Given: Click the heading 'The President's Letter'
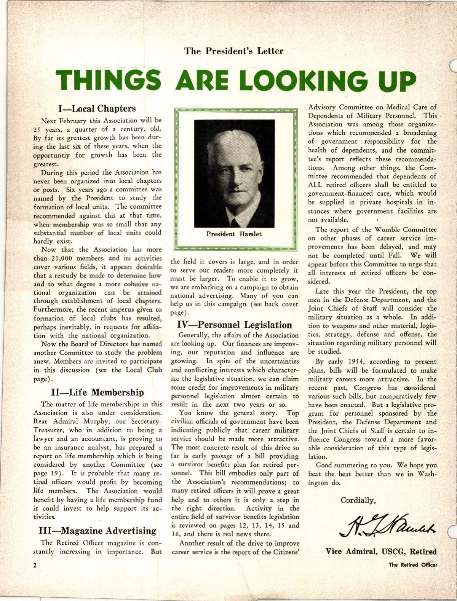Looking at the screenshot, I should pos(234,51).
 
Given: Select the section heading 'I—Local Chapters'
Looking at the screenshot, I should pos(97,108).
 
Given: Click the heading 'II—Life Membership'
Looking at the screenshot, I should pos(97,392).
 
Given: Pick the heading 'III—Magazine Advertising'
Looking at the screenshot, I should pos(97,531).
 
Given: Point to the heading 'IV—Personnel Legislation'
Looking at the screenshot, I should pos(235,325).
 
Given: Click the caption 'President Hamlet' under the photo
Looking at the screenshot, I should pos(234,234).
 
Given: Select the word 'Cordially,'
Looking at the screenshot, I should pos(358,500).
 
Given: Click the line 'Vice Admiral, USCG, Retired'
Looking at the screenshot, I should pos(381,552).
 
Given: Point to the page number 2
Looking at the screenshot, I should pos(35,565).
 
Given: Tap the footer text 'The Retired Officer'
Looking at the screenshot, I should pos(413,565).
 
